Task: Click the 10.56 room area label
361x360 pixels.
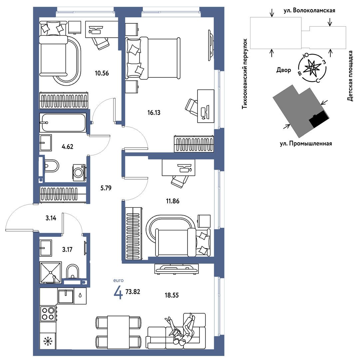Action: (102, 73)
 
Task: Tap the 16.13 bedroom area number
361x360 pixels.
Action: (154, 113)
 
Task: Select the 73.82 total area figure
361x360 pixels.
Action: (133, 292)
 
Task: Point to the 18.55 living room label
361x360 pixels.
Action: (172, 295)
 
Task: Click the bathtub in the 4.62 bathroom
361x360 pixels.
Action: (63, 123)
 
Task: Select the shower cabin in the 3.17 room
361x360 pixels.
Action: (51, 272)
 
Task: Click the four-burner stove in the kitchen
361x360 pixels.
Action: (48, 313)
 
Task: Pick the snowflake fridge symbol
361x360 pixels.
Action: (48, 341)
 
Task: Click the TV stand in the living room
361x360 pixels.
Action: (177, 269)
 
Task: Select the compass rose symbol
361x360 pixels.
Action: (312, 68)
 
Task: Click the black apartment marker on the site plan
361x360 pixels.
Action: (319, 119)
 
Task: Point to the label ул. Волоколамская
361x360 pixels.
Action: (309, 11)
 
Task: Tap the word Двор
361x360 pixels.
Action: (284, 70)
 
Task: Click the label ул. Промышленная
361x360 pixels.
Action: (306, 144)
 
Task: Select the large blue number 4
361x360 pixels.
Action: (118, 292)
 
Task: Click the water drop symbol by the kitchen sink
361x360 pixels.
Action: (80, 295)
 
